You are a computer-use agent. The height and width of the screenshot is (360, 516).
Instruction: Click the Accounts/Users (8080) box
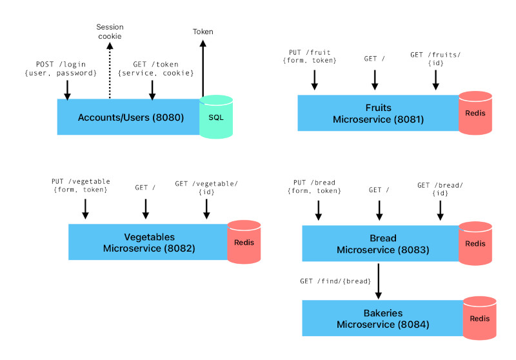129,117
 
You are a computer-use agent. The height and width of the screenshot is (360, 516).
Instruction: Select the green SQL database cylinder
216,117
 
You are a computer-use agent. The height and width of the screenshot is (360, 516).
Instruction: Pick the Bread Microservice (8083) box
381,244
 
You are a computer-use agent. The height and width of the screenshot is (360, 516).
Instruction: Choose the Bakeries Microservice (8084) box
382,318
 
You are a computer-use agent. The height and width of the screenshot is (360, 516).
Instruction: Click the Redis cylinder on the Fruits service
475,114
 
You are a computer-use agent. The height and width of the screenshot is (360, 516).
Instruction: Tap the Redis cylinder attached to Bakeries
479,318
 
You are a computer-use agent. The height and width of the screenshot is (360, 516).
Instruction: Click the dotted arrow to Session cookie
109,71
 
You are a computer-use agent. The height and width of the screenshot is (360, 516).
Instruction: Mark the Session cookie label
109,32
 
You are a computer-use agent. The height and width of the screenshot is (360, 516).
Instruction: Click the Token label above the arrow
203,32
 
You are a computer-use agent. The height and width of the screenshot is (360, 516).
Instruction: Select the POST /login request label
67,68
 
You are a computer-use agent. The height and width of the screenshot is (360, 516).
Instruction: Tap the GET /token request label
155,68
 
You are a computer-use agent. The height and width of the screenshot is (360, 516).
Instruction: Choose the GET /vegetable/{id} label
206,188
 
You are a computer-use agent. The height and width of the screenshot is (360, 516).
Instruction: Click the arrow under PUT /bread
317,210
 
